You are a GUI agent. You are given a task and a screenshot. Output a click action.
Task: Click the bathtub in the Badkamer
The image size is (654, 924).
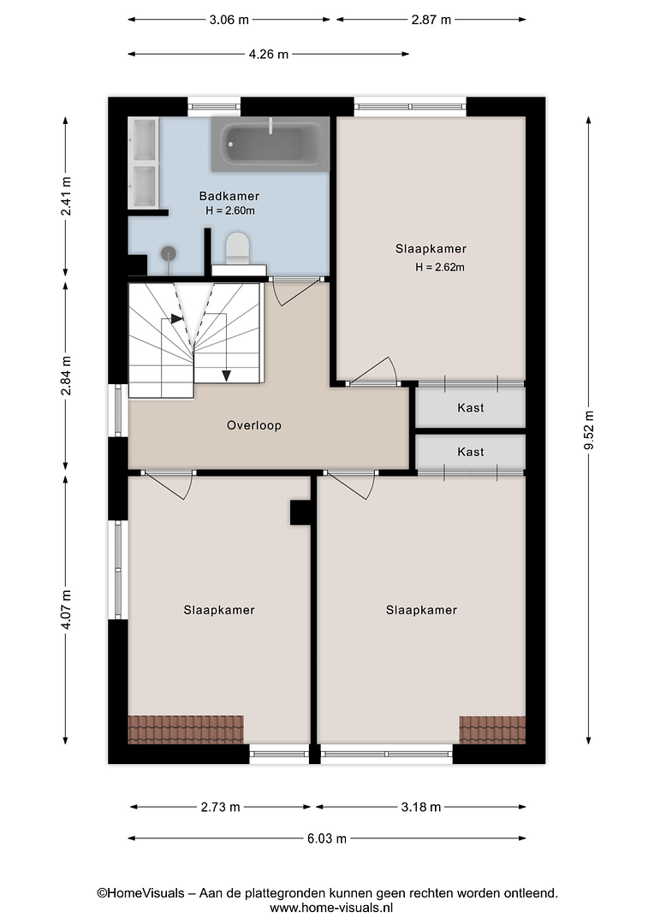coord(271,144)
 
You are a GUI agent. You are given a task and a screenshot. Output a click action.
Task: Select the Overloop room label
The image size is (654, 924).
coord(254,425)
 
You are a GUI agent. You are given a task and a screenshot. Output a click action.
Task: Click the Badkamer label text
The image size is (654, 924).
coord(229,196)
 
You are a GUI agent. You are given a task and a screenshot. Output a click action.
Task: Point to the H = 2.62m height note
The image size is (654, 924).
coord(440,268)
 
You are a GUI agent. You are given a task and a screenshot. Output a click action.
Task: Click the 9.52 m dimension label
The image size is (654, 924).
coord(589,429)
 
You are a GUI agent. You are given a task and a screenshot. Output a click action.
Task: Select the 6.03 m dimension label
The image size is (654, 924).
coord(327,838)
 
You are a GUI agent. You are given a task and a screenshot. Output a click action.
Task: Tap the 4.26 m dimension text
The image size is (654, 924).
coord(269,54)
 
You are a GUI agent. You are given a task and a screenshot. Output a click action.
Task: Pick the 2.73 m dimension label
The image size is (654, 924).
coord(221,808)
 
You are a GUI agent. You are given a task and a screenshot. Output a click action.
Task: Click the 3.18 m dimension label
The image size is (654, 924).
coord(421,808)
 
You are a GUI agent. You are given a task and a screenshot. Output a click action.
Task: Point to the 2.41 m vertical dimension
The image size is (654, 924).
coord(66,196)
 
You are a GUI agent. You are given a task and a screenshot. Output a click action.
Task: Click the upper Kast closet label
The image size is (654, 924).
coord(471,408)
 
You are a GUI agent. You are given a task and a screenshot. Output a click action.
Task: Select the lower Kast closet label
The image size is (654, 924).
coord(471,452)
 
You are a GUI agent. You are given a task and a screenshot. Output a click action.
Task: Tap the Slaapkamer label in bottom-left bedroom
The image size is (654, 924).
coord(219,611)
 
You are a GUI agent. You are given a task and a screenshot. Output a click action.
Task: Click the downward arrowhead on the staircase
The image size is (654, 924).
coord(226,376)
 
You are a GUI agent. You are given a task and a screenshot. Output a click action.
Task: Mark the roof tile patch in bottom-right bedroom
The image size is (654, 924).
coord(492,730)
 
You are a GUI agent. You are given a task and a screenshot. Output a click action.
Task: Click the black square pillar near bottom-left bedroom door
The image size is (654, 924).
coord(300,512)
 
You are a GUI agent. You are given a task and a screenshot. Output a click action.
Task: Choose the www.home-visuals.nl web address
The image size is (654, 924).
coord(331,908)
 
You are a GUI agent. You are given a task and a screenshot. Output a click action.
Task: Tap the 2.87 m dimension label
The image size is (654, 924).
coord(431,20)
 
